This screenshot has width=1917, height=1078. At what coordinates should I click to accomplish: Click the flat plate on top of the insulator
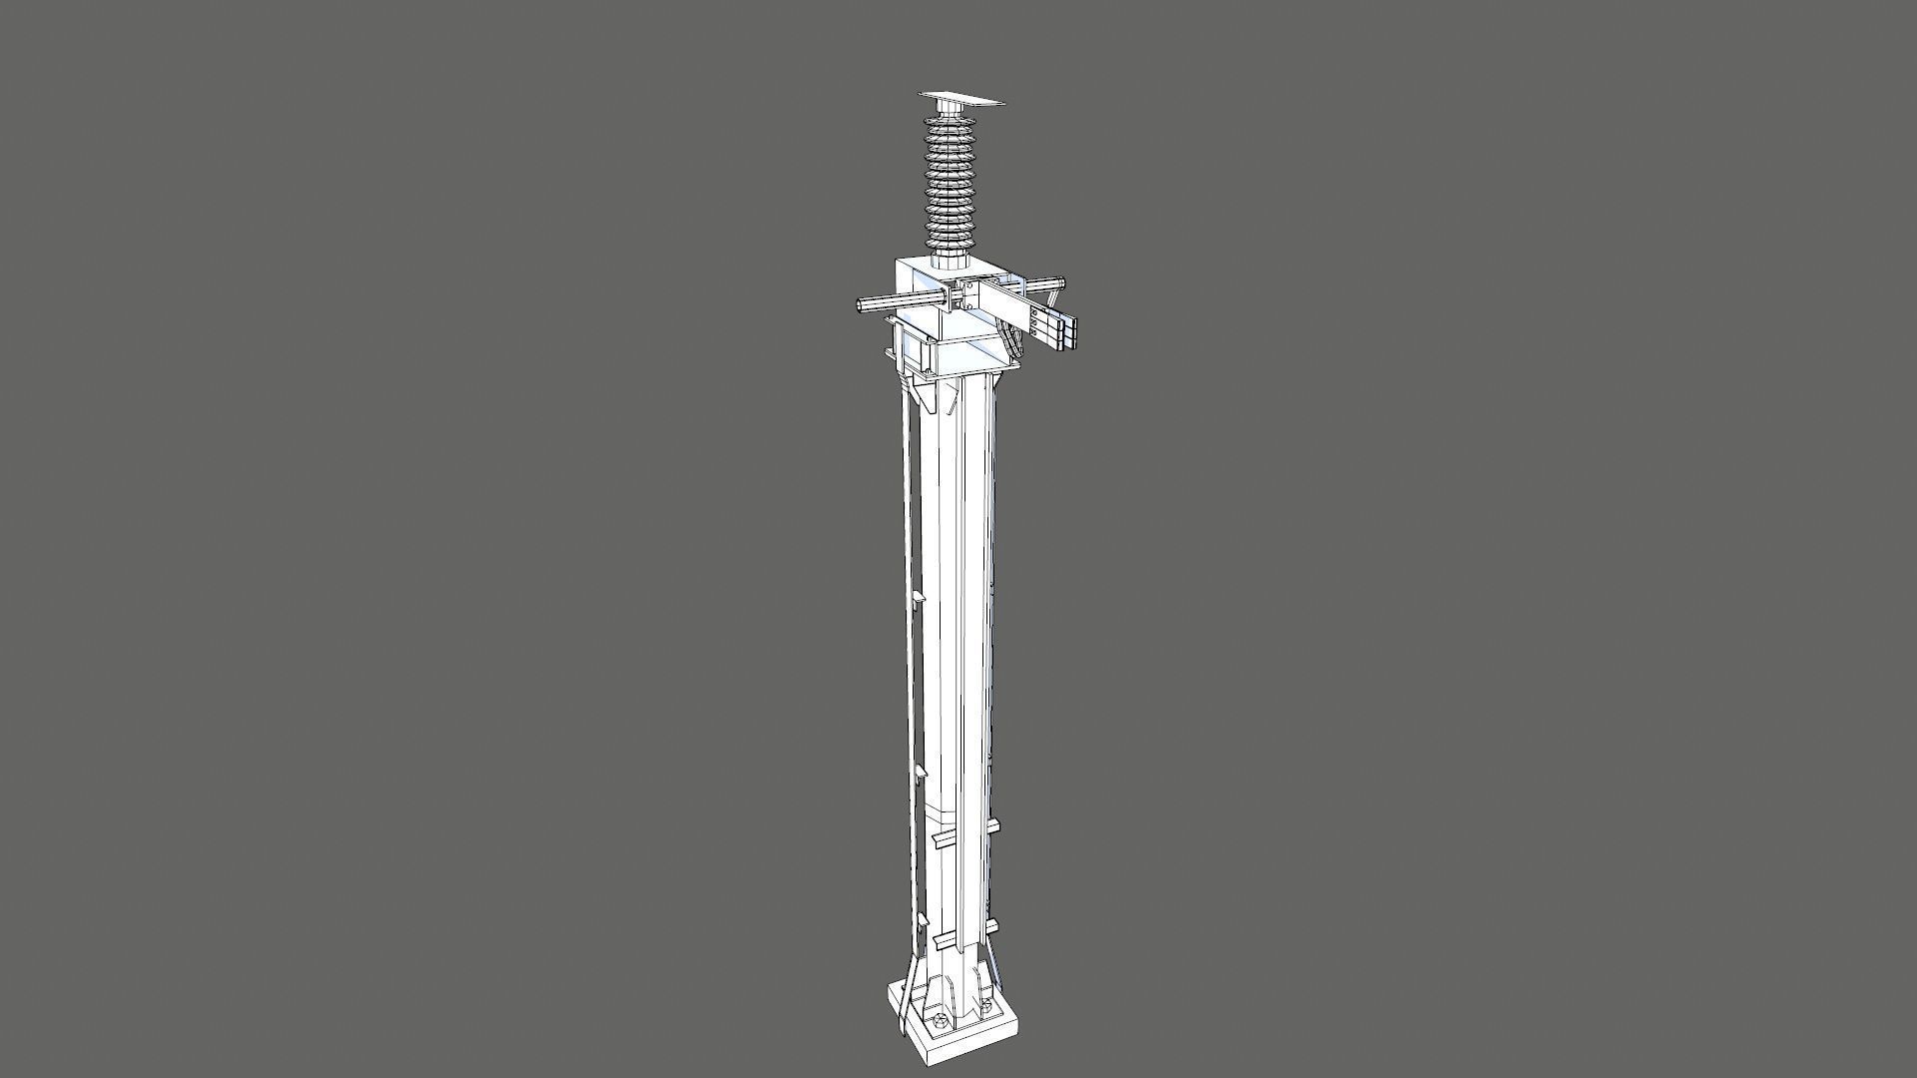tap(960, 99)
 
